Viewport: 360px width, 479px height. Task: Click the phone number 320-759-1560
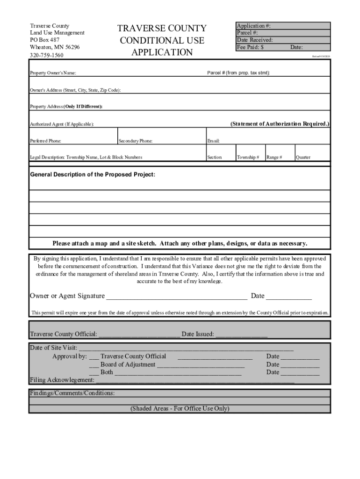(47, 55)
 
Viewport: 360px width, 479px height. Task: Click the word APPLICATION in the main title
(162, 52)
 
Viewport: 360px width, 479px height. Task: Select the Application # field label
(253, 26)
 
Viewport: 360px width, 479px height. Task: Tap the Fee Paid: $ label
(250, 47)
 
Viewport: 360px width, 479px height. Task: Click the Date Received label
(255, 40)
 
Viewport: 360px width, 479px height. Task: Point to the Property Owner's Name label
(53, 73)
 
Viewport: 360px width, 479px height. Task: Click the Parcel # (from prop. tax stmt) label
(238, 73)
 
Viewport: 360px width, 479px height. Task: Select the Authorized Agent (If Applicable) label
(62, 124)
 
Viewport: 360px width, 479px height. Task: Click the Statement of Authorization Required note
(280, 124)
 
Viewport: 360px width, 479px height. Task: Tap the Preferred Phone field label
(45, 141)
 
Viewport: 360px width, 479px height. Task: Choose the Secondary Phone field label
(136, 141)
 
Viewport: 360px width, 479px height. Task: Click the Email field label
(213, 141)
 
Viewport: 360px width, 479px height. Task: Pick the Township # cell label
(248, 158)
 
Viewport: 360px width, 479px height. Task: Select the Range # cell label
(274, 158)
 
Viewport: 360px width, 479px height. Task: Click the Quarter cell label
(303, 158)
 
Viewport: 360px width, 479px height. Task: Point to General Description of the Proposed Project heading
(93, 174)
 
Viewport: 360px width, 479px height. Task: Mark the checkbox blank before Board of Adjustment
(94, 365)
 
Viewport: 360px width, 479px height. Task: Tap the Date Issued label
(198, 334)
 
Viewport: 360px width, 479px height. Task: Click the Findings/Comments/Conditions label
(72, 393)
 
